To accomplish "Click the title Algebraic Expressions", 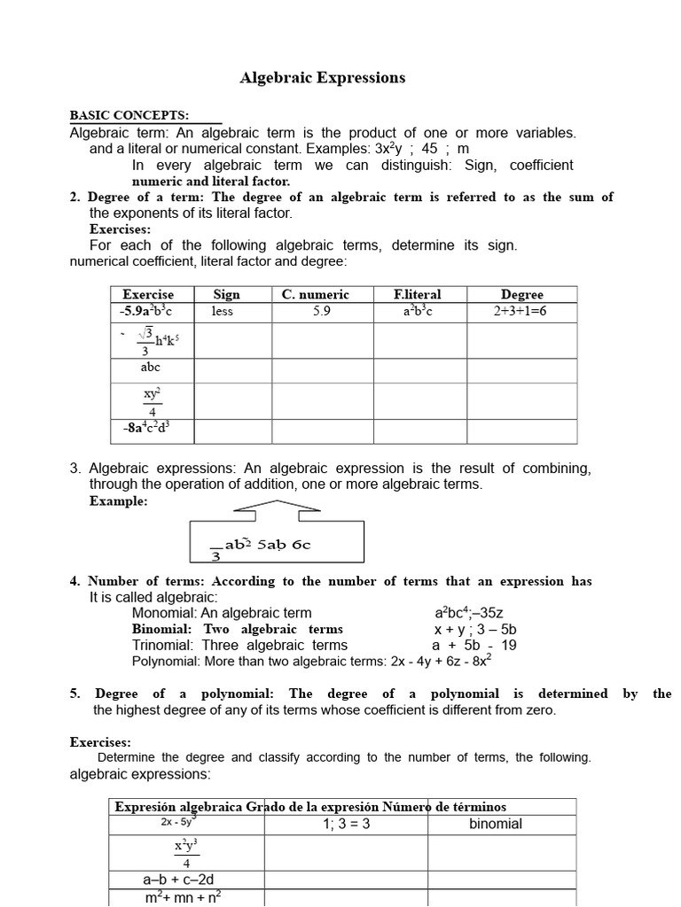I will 323,78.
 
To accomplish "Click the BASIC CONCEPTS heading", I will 129,116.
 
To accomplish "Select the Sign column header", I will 227,294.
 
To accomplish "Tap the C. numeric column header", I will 316,294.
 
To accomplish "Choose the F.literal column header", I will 418,294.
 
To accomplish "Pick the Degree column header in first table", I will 521,294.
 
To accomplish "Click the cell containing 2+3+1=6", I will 521,312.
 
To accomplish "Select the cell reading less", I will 223,312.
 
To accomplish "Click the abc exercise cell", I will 151,368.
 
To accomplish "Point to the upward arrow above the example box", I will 276,506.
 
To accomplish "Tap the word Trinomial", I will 163,645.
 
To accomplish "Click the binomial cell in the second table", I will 496,824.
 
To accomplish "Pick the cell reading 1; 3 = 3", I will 346,825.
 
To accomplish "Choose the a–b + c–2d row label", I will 178,880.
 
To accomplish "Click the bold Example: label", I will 119,501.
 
